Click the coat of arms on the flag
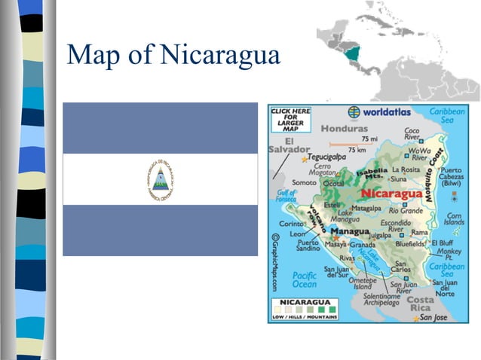161,179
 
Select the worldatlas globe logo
354,112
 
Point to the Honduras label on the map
344,128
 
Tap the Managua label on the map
349,231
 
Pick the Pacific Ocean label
305,280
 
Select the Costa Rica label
421,304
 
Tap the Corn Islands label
455,218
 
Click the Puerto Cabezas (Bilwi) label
456,175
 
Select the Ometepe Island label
363,282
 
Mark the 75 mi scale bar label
369,139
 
